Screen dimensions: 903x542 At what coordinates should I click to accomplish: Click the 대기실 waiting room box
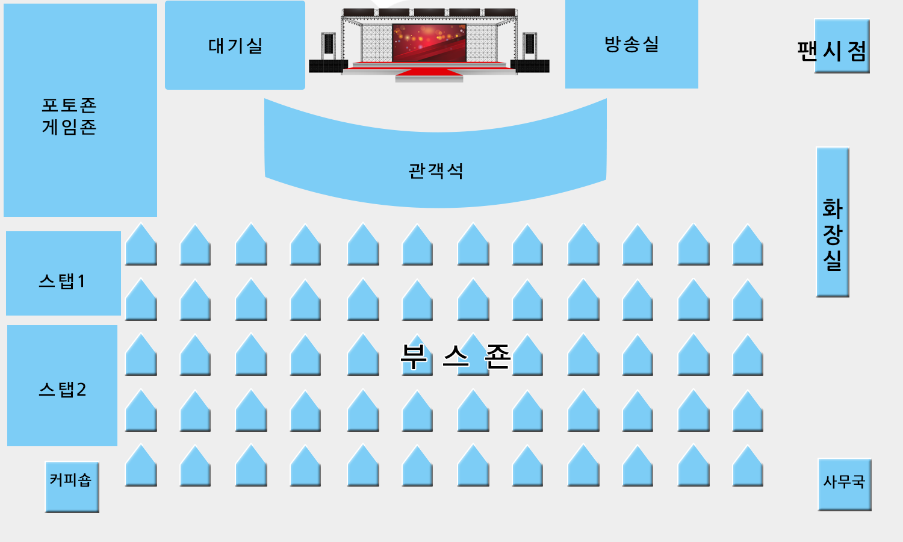click(235, 45)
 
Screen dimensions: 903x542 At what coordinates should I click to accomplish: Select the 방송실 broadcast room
click(631, 44)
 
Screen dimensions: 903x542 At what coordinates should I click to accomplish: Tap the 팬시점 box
click(842, 46)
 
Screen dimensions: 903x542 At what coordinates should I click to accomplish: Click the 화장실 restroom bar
click(833, 222)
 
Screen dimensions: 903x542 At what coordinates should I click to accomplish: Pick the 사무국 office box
click(845, 485)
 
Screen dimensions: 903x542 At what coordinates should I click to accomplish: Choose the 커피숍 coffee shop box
click(72, 487)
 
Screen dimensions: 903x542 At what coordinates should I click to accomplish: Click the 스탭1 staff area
click(63, 273)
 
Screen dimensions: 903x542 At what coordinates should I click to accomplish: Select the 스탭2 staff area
click(63, 385)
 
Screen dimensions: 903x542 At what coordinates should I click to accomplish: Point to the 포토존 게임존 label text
click(69, 116)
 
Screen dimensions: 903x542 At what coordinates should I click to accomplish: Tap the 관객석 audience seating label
click(436, 170)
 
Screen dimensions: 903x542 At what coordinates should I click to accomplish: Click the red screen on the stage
click(429, 42)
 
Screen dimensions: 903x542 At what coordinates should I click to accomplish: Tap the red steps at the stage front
click(429, 72)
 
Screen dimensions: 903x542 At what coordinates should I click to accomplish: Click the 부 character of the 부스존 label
click(414, 356)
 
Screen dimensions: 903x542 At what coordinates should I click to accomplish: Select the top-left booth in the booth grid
click(141, 245)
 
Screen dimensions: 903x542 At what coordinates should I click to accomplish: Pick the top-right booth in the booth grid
click(748, 245)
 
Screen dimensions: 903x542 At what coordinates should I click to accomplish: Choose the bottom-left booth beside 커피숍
click(141, 466)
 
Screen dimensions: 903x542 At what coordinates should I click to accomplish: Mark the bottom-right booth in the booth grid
click(748, 466)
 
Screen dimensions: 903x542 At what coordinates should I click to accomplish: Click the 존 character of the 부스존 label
click(498, 356)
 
